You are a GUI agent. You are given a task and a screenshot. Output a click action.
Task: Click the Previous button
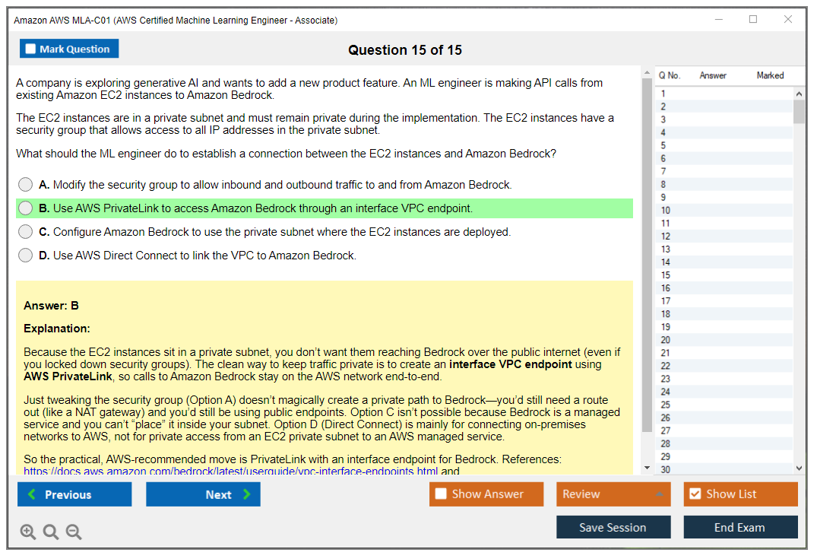[74, 494]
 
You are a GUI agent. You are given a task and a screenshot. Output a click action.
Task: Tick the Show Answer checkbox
[441, 494]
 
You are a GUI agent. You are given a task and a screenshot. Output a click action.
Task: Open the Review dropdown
[613, 494]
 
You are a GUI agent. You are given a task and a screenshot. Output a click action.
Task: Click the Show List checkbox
[695, 494]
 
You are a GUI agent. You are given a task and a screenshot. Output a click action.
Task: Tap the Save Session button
[613, 528]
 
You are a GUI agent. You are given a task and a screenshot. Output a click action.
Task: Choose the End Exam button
[739, 528]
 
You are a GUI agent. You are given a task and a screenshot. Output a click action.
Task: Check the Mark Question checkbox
[31, 49]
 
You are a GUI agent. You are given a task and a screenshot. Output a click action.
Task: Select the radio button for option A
[26, 185]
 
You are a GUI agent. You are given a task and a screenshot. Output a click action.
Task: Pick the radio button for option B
[26, 208]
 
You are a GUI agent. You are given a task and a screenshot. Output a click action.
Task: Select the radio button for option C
[26, 232]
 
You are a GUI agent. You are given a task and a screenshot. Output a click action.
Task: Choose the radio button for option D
[26, 256]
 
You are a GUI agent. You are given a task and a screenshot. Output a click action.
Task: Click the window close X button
[788, 20]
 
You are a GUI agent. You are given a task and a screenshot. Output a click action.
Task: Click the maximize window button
[753, 20]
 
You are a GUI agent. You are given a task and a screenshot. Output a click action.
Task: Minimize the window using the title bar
[718, 20]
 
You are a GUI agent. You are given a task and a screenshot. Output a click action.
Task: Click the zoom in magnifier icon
[28, 532]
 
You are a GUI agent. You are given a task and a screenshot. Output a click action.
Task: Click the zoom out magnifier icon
[74, 532]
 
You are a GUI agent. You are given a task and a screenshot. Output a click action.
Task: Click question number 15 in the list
[666, 275]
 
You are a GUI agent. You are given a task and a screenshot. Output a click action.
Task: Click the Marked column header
[770, 75]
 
